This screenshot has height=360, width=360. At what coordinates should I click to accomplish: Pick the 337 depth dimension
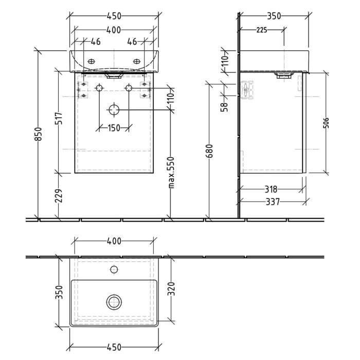pyautogui.click(x=272, y=202)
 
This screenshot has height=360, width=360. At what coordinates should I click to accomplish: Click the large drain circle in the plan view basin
pyautogui.click(x=114, y=302)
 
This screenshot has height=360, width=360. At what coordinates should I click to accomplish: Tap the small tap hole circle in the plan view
pyautogui.click(x=114, y=269)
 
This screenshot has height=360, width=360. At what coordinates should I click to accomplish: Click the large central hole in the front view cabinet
pyautogui.click(x=114, y=109)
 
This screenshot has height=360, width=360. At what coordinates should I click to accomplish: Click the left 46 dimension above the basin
pyautogui.click(x=96, y=42)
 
